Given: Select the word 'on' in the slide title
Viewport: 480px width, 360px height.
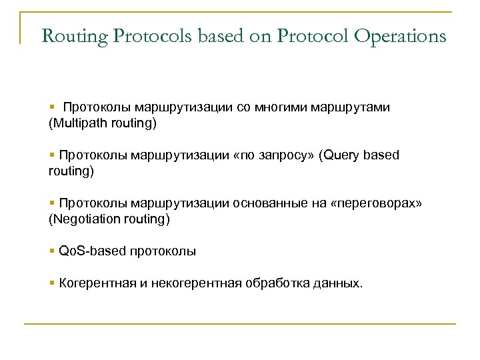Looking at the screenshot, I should (x=267, y=36).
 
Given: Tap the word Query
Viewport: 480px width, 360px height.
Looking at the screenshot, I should (x=343, y=155).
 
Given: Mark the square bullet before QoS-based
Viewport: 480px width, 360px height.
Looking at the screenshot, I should (x=52, y=251).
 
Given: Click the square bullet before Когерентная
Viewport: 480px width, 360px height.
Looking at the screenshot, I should (x=52, y=283).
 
